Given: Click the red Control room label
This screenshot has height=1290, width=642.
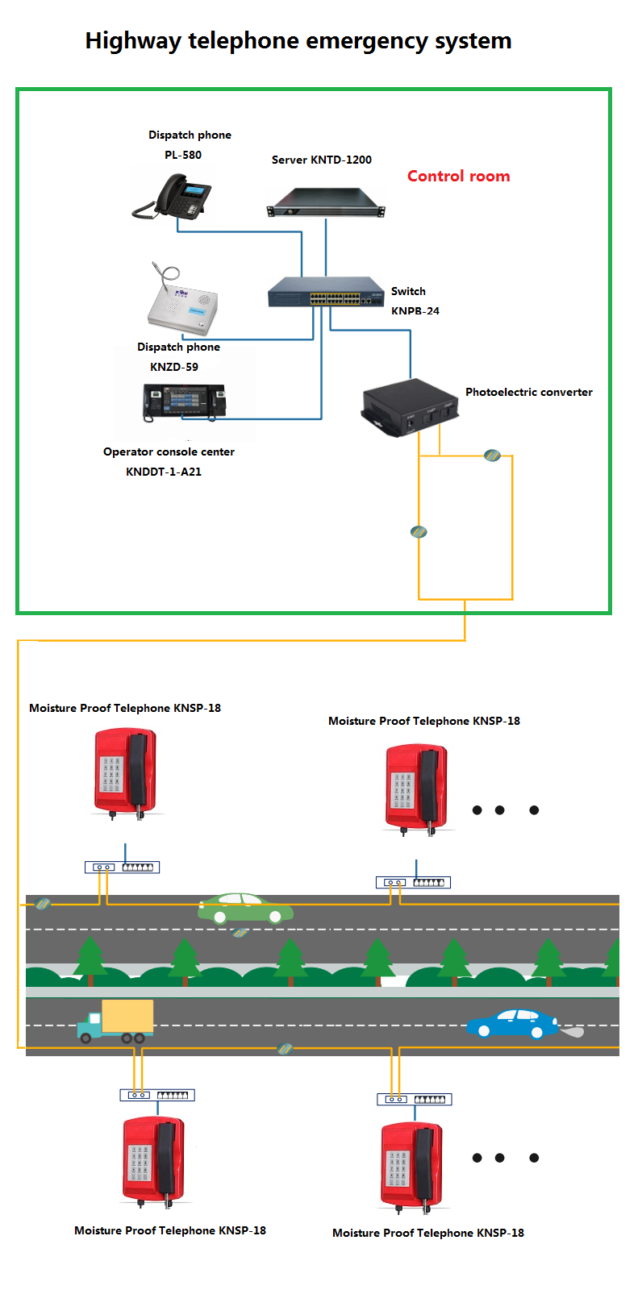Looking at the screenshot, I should [458, 176].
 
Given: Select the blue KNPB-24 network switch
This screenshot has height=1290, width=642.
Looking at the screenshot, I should [326, 292].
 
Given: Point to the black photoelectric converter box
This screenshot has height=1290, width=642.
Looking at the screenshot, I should [410, 406].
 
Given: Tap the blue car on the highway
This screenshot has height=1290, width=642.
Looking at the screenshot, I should [513, 1024].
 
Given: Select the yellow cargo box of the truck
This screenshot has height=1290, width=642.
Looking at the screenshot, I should [127, 1017].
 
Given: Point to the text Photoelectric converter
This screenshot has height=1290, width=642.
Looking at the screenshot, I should [528, 392].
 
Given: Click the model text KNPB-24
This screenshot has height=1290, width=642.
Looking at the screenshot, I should [415, 311].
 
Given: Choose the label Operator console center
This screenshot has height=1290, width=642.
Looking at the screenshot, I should [169, 451].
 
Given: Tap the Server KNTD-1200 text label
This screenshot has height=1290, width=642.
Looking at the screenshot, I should [321, 160].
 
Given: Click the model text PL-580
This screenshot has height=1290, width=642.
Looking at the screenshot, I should [183, 155].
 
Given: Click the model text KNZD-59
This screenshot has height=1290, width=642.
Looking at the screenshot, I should [174, 367].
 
